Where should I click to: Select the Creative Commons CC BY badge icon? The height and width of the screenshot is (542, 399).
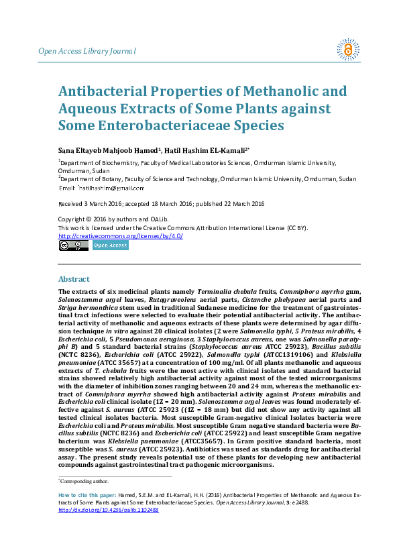[73, 246]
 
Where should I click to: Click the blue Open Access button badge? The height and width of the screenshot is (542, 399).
[110, 246]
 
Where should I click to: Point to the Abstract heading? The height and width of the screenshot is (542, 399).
[74, 278]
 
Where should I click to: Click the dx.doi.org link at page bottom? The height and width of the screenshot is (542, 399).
[109, 529]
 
